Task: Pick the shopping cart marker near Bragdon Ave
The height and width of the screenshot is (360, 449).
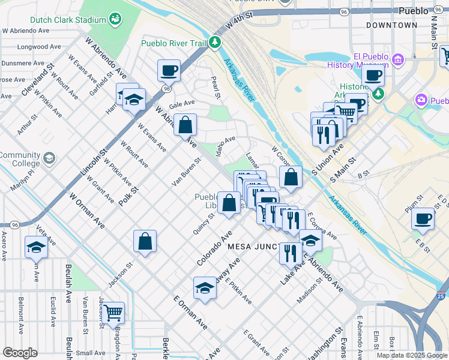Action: pos(112,313)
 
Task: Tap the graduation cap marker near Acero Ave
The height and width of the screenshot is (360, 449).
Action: pos(36,247)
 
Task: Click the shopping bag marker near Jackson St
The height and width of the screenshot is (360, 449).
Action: pos(145,242)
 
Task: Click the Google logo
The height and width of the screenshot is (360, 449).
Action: pos(20,352)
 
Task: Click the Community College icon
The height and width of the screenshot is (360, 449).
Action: pos(49,158)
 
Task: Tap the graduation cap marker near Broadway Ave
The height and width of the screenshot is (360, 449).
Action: pos(205,289)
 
